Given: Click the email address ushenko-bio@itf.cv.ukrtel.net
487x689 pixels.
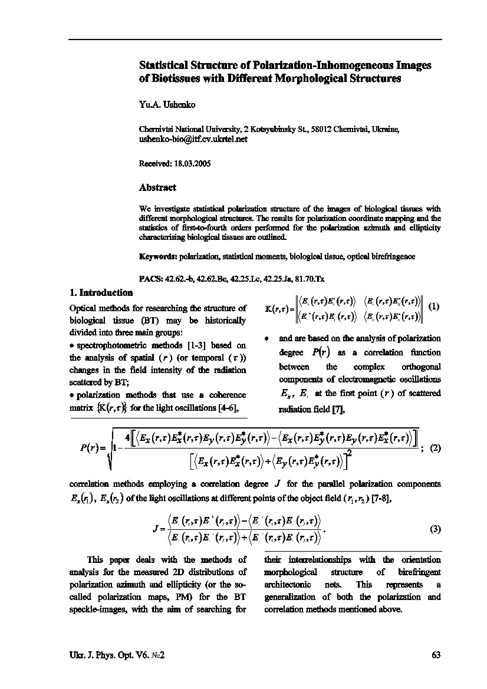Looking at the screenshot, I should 193,140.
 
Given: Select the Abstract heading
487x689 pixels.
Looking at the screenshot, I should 157,187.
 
